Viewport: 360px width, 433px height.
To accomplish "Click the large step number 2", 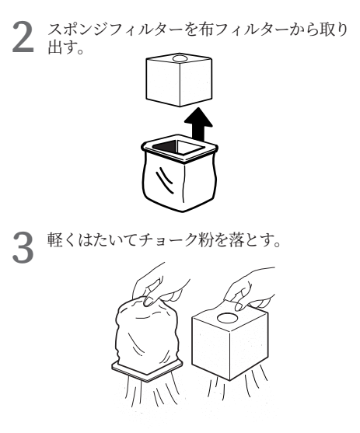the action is click(23, 37).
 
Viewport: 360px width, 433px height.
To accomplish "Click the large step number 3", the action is click(23, 247).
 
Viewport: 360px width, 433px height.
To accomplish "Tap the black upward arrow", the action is click(198, 124).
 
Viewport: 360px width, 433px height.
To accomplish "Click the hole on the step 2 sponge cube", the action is click(180, 58).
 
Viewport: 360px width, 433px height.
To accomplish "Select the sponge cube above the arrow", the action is click(179, 79).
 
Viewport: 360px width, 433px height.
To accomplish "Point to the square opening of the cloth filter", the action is click(178, 147).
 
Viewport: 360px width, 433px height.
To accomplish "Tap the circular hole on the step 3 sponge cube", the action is click(227, 318).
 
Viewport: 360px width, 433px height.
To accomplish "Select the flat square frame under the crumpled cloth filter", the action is click(147, 370).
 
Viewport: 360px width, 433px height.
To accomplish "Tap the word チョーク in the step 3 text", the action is click(168, 239).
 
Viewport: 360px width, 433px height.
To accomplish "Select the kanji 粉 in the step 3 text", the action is click(205, 239).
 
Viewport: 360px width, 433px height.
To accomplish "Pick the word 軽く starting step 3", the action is click(62, 239).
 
